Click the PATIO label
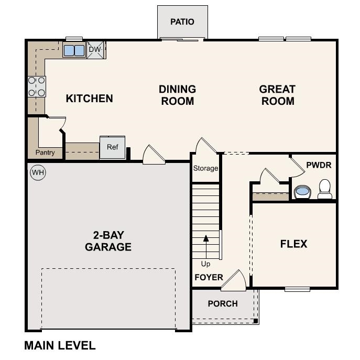[x=182, y=22]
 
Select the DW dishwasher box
[x=95, y=50]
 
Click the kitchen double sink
[x=74, y=50]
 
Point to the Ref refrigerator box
[x=113, y=147]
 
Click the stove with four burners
[x=37, y=86]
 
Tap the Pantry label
[x=46, y=152]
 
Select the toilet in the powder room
[x=325, y=189]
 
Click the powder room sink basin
[x=302, y=192]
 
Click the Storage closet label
[x=205, y=168]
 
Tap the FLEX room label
[x=293, y=244]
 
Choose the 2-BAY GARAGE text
[x=108, y=241]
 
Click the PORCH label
[x=223, y=303]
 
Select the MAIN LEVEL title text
[x=60, y=345]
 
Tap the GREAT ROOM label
[x=277, y=95]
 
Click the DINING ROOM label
[x=178, y=95]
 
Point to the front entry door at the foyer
[x=233, y=282]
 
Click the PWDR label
[x=319, y=165]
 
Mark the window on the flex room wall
[x=297, y=289]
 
